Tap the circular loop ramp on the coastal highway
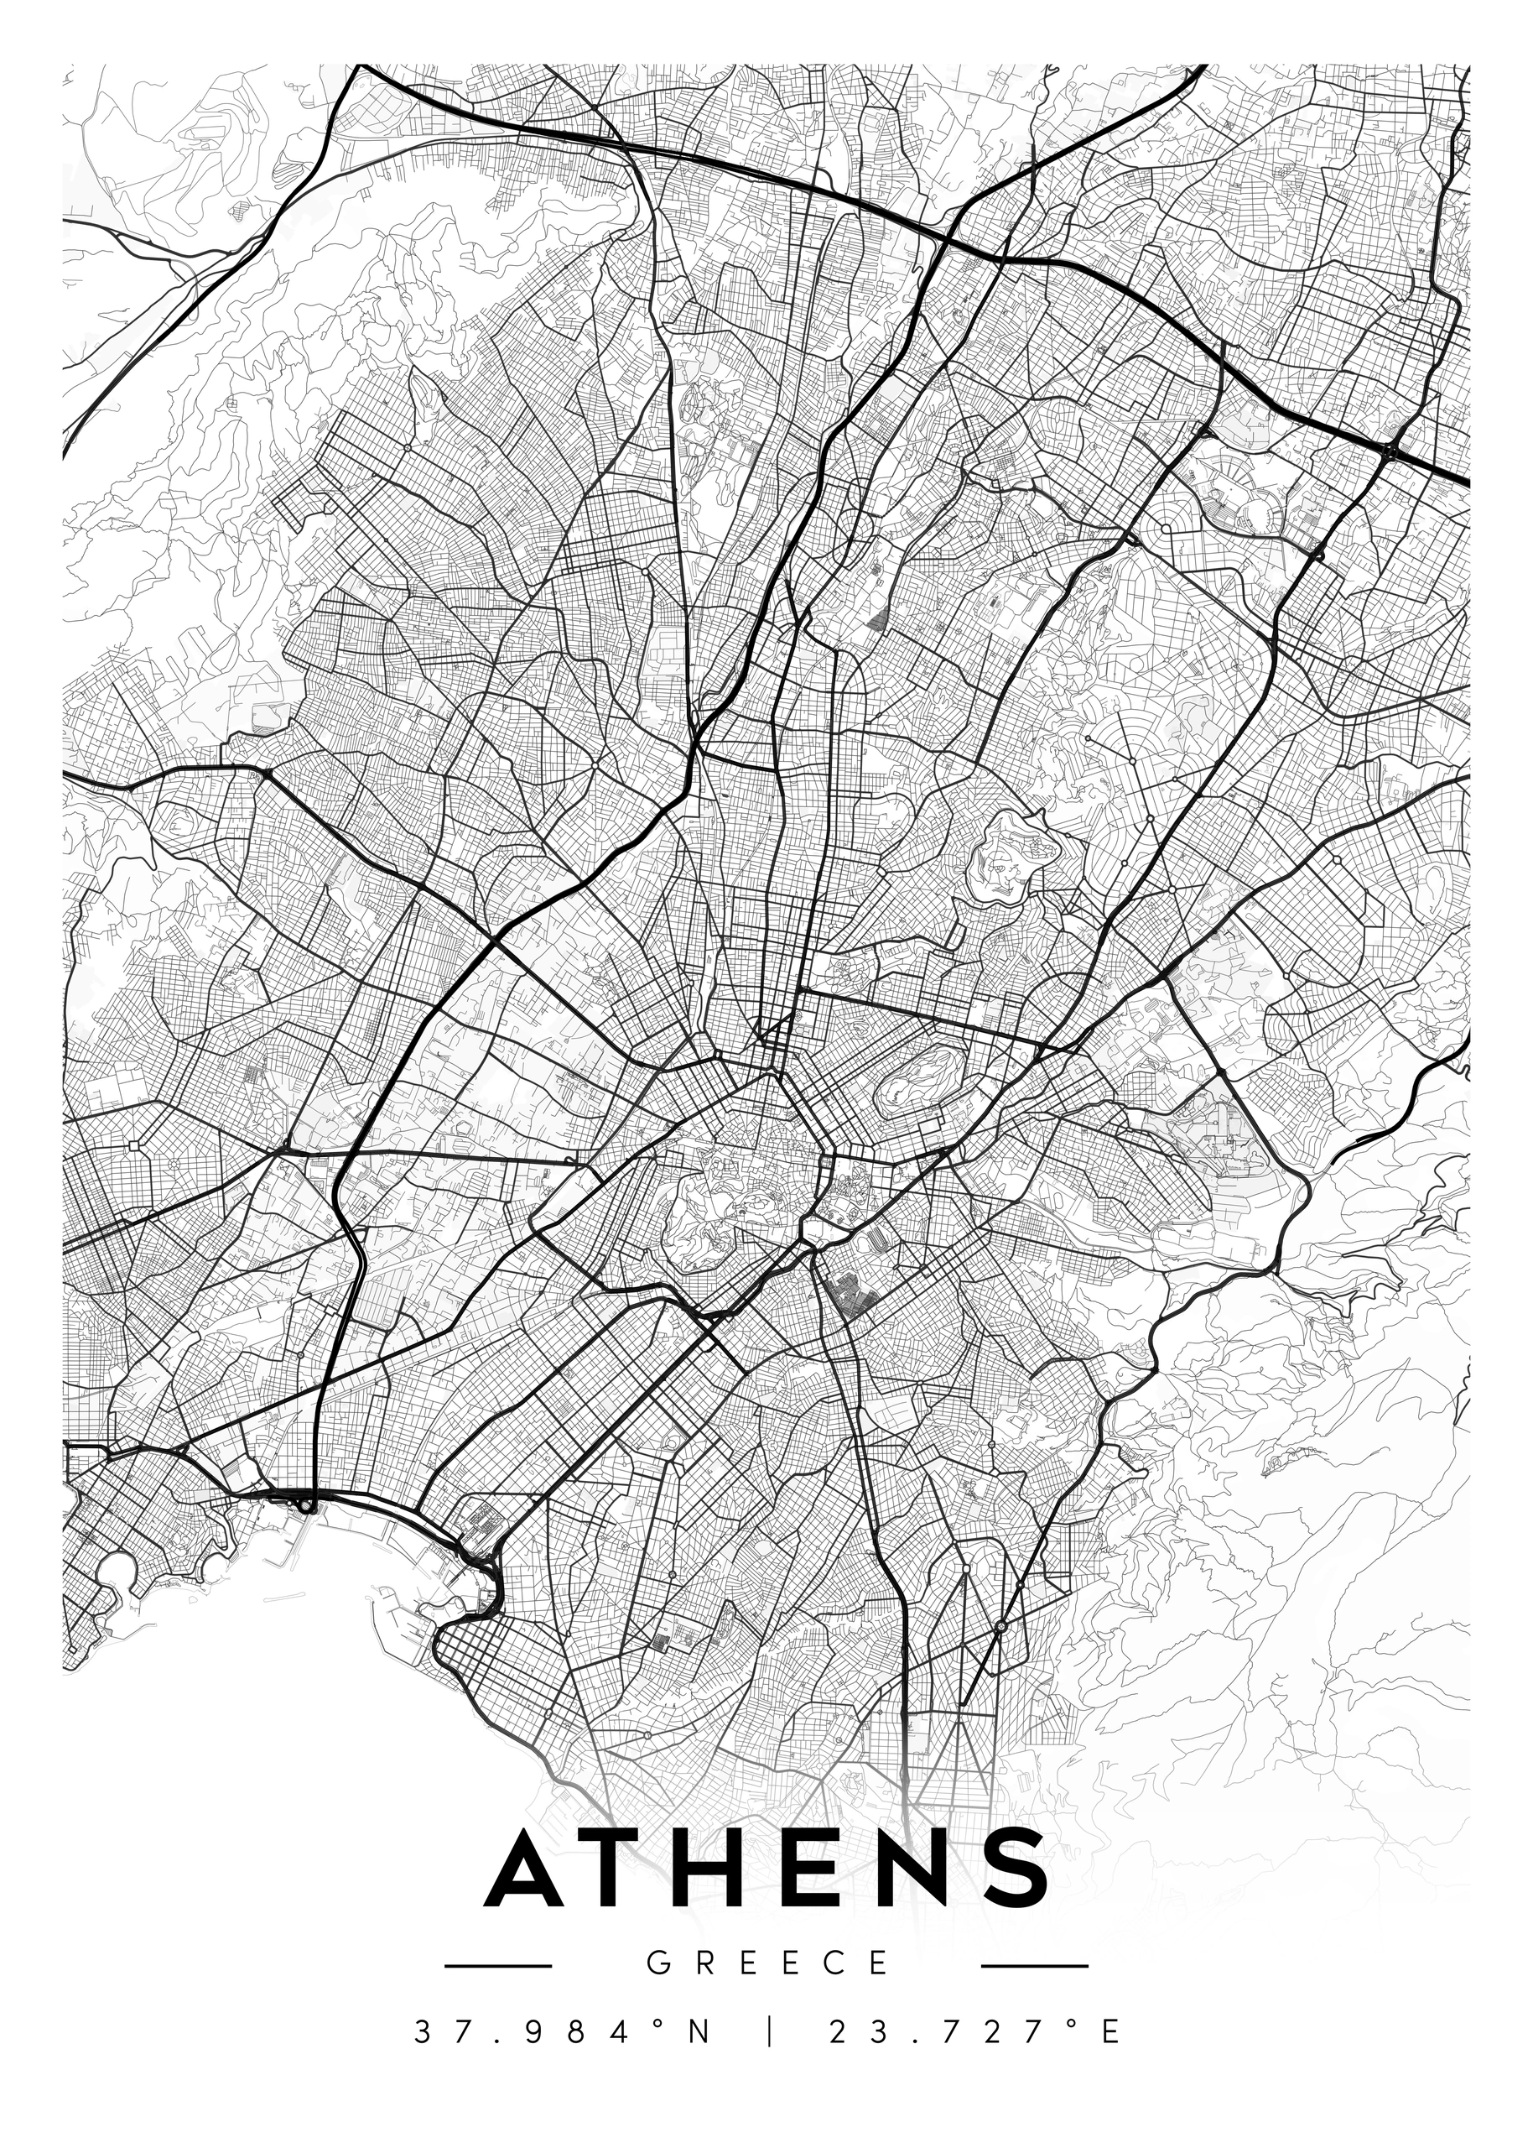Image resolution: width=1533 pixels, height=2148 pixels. click(309, 1507)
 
